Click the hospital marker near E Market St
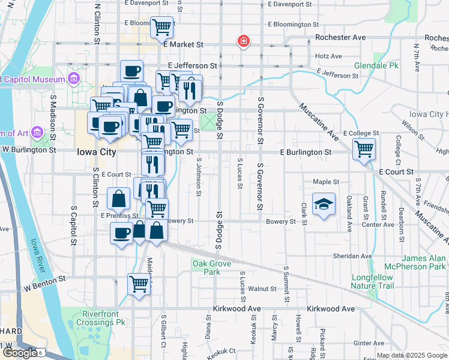pos(244,41)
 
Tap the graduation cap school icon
pos(324,203)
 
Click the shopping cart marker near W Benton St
pos(139,284)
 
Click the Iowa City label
pos(97,152)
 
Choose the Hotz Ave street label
pos(328,56)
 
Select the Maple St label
pos(326,182)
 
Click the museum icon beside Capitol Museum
pos(74,79)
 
